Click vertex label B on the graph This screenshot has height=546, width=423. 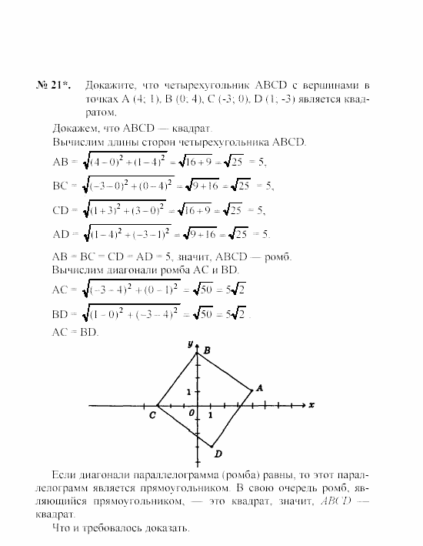(206, 350)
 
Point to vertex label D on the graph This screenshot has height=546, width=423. (218, 454)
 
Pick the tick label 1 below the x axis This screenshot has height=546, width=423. (211, 415)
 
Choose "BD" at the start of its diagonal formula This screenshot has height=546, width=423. (59, 314)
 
